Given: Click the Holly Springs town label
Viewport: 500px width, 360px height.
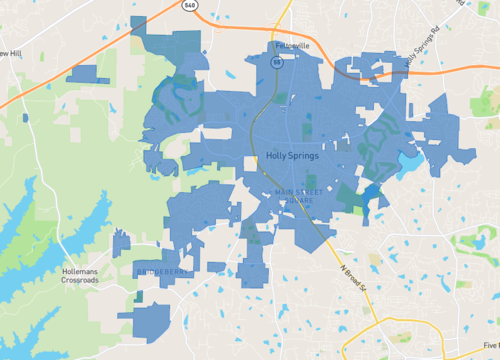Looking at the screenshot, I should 292,156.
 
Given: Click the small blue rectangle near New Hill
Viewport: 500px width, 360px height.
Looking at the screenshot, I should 88,73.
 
